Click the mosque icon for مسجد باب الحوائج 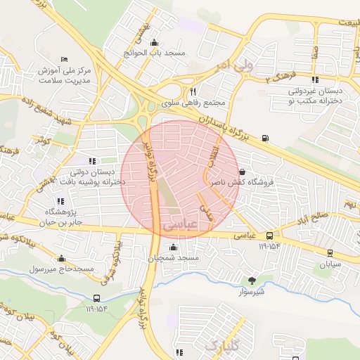pyautogui.click(x=154, y=41)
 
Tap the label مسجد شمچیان pyautogui.click(x=179, y=259)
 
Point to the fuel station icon pyautogui.click(x=264, y=138)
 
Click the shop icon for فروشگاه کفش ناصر pyautogui.click(x=243, y=171)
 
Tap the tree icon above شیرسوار pyautogui.click(x=252, y=280)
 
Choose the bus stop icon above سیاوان pyautogui.click(x=329, y=252)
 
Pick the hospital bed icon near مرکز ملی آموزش pyautogui.click(x=65, y=58)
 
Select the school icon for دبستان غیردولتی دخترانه pyautogui.click(x=314, y=79)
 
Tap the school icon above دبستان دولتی pyautogui.click(x=91, y=161)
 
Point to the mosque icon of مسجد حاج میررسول pyautogui.click(x=61, y=258)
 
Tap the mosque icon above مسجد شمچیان pyautogui.click(x=174, y=247)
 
